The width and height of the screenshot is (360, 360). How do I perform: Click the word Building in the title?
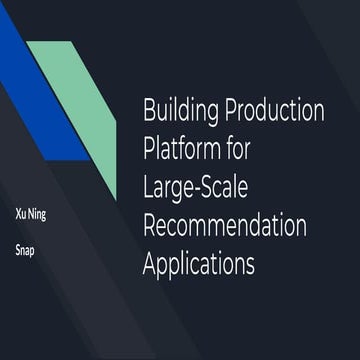[184, 110]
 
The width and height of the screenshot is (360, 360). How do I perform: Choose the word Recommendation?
[225, 227]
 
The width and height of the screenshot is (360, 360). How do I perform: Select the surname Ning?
[36, 214]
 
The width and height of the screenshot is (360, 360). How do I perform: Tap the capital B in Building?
[150, 110]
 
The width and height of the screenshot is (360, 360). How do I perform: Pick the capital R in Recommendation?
[151, 227]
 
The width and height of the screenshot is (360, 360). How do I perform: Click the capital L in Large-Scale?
[149, 188]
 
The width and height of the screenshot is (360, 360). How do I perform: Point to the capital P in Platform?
[150, 149]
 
